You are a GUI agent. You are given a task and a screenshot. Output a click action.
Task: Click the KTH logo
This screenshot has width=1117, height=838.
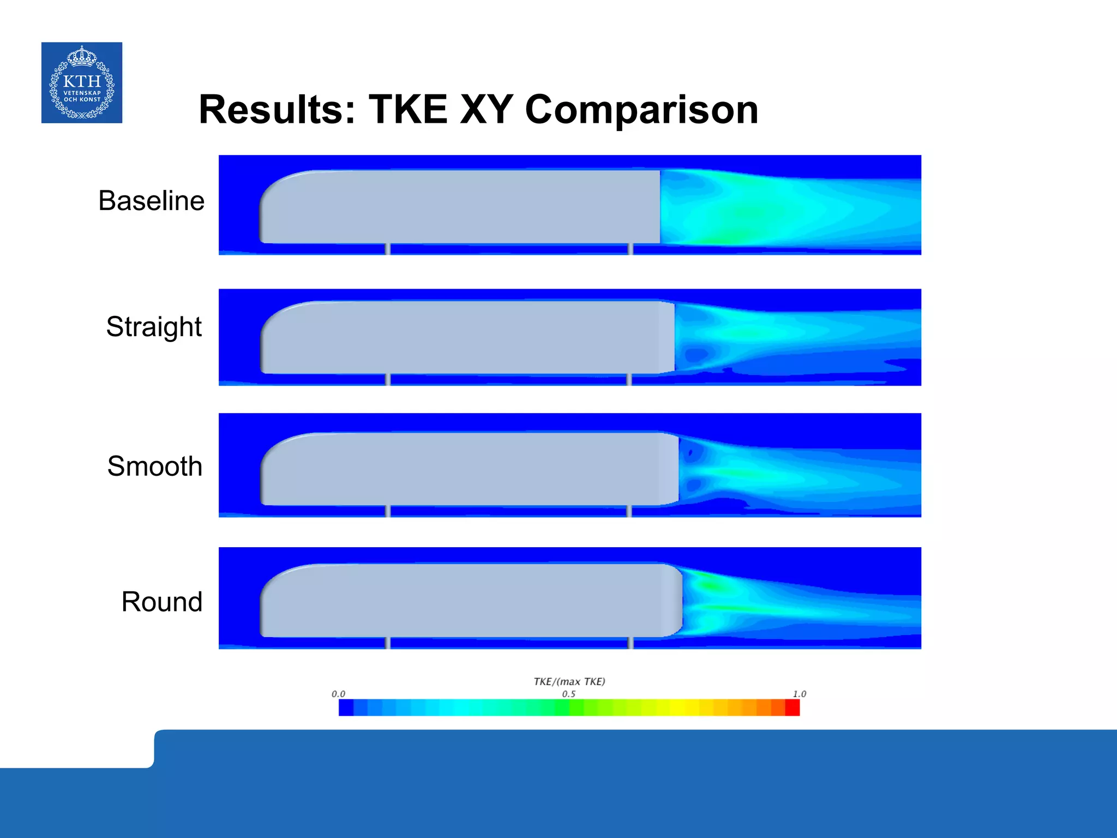coord(82,82)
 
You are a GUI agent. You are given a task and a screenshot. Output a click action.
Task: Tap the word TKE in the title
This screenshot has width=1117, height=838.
coord(408,110)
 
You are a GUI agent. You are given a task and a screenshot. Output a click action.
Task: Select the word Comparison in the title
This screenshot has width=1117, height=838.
coord(641,110)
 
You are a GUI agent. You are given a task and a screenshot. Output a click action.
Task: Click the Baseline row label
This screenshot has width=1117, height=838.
coord(151,201)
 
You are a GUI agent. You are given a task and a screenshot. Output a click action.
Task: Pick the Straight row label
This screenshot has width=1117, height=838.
coord(154,327)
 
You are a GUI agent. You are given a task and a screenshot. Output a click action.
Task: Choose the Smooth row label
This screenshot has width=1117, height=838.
coord(154,466)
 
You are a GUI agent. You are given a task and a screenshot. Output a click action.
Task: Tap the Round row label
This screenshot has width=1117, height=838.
coord(161,602)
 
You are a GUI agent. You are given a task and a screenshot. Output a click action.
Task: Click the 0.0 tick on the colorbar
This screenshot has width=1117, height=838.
coord(338,694)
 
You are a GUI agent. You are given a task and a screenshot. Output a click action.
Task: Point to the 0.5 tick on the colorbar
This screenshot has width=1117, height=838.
coord(568,694)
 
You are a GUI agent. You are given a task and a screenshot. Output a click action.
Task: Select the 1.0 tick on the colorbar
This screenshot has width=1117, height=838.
coord(799,694)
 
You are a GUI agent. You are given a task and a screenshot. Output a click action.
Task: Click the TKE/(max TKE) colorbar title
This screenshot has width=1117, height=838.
coord(569,681)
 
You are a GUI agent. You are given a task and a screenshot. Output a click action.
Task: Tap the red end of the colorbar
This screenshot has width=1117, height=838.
coord(792,708)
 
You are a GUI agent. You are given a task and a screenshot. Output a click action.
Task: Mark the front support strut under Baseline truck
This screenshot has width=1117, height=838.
coord(388,249)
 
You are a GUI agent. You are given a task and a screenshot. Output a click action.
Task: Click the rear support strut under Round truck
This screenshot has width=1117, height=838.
coord(630,643)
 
